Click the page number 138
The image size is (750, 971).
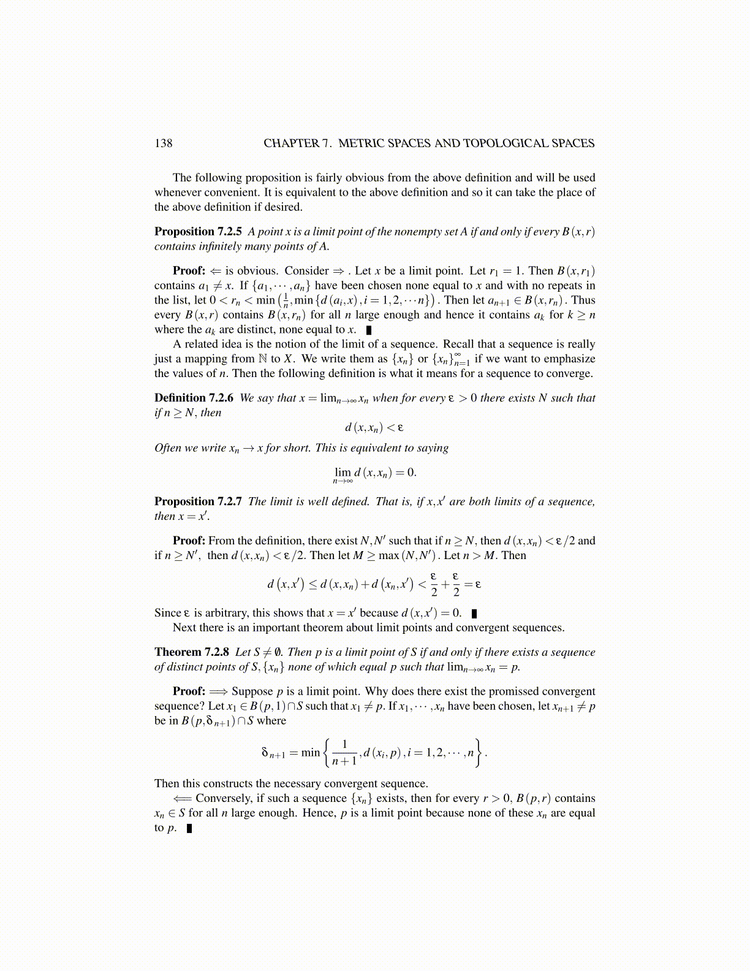coord(164,143)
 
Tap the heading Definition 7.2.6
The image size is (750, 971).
coord(194,398)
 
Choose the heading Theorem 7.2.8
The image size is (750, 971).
coord(192,652)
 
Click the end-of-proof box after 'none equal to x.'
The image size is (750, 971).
coord(369,330)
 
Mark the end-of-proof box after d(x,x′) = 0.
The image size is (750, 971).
coord(474,613)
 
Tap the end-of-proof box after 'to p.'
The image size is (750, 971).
coord(189,828)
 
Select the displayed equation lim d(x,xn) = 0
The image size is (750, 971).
coord(374,474)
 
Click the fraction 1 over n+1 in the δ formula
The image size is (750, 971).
coord(344,753)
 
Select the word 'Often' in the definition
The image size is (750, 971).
coord(168,448)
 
